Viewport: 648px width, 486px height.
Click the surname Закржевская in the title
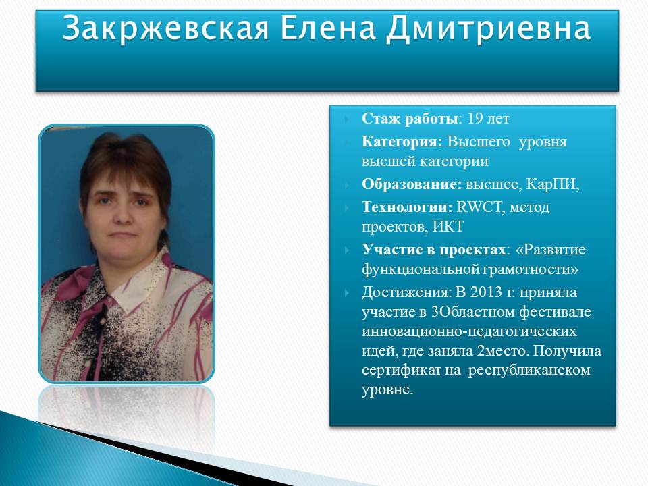[166, 28]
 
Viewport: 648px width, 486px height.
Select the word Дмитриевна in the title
[489, 29]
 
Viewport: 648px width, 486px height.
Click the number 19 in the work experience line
[475, 119]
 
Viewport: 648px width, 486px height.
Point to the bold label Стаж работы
[410, 119]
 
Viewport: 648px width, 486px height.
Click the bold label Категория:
[402, 142]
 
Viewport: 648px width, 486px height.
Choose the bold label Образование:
[412, 184]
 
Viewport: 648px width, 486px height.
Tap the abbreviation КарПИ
[551, 184]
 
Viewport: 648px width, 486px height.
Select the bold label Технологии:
[407, 207]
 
